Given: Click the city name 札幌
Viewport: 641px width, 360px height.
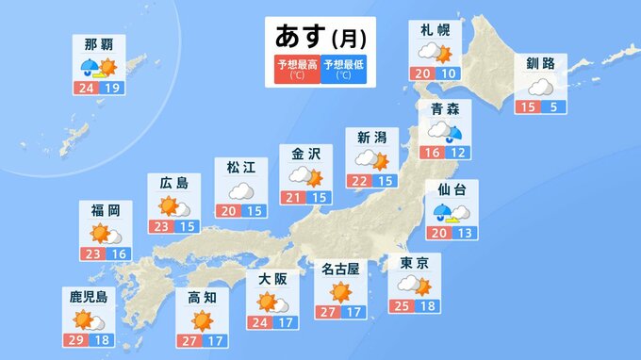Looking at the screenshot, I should (435, 30).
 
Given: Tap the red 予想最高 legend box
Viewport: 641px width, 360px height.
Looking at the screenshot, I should (296, 69).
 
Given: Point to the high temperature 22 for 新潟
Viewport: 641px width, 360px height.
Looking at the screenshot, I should (359, 181).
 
